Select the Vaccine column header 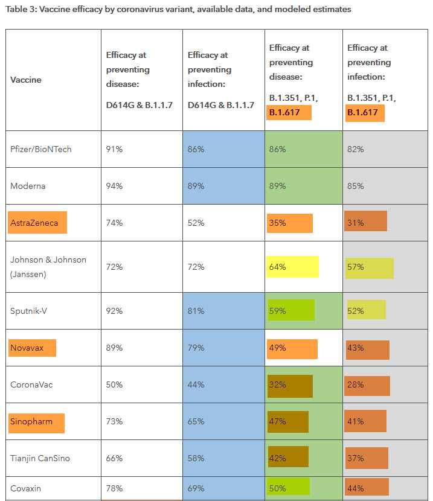[x=26, y=80]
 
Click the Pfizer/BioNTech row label [x=41, y=149]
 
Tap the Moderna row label [x=28, y=186]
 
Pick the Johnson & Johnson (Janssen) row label [x=48, y=266]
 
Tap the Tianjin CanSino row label [x=40, y=458]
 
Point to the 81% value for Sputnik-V [x=196, y=311]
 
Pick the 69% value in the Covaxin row [x=196, y=488]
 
